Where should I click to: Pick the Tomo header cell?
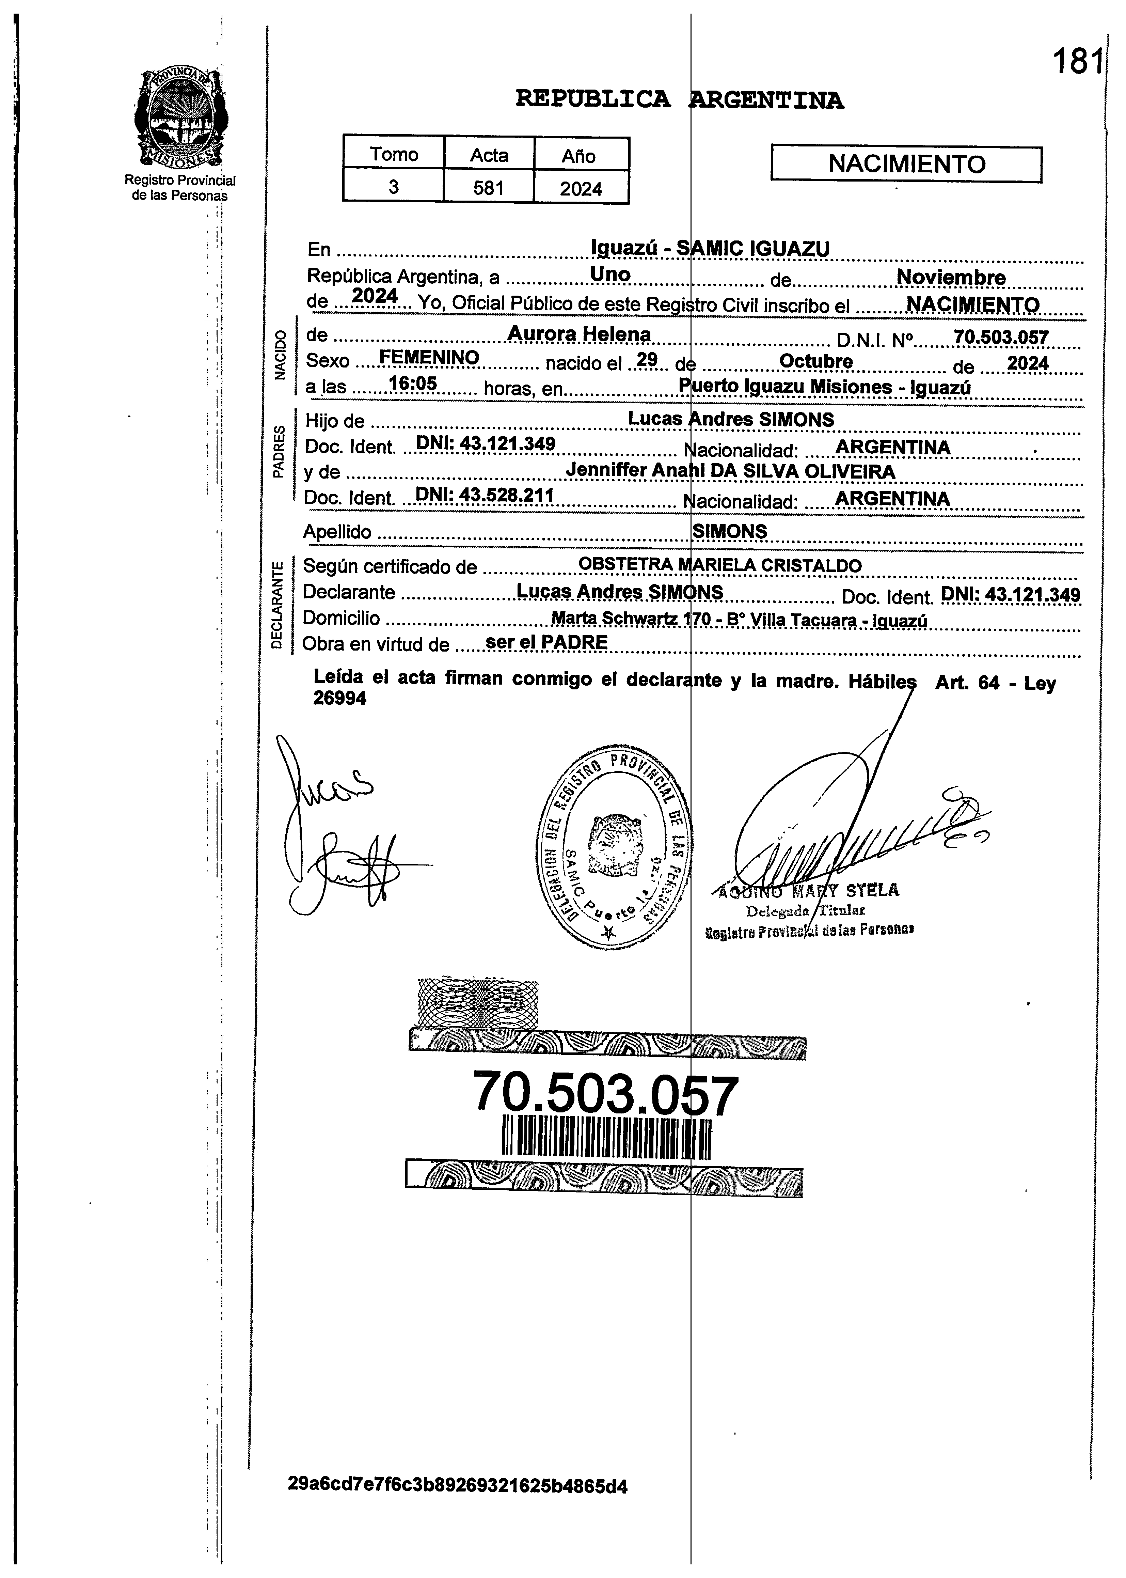pyautogui.click(x=394, y=154)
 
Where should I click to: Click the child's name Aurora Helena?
pyautogui.click(x=579, y=334)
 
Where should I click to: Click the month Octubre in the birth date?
pyautogui.click(x=816, y=361)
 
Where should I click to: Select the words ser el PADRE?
pyautogui.click(x=546, y=642)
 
